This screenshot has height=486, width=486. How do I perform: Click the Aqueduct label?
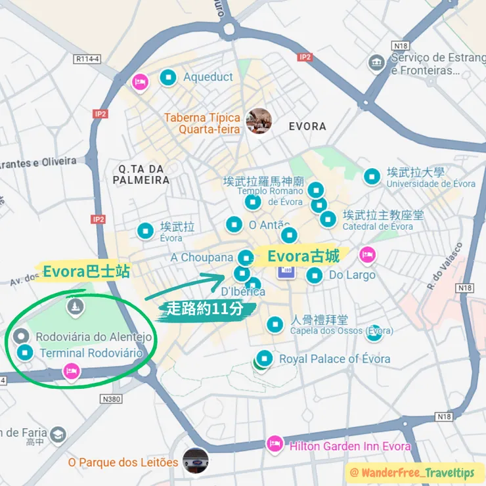[208, 77]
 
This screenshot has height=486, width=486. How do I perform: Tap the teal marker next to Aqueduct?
[169, 77]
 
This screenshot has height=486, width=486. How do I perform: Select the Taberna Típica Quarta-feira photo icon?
[258, 121]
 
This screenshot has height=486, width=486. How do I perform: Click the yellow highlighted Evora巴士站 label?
[86, 271]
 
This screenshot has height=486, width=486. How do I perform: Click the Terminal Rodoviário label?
[91, 353]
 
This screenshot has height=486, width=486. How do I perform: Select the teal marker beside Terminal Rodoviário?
[25, 353]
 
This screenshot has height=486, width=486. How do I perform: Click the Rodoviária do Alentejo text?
[93, 338]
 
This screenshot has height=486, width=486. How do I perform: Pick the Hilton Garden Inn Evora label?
[350, 447]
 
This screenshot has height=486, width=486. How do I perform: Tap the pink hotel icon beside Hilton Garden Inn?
[275, 445]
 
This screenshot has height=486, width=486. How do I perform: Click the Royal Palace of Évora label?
[334, 359]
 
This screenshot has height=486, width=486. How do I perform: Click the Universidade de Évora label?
[430, 184]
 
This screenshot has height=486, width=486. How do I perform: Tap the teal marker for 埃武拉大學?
[372, 176]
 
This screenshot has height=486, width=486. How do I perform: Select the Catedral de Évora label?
[378, 227]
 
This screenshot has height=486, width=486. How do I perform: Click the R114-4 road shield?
[87, 59]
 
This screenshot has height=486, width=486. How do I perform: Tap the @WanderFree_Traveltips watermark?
[416, 472]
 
